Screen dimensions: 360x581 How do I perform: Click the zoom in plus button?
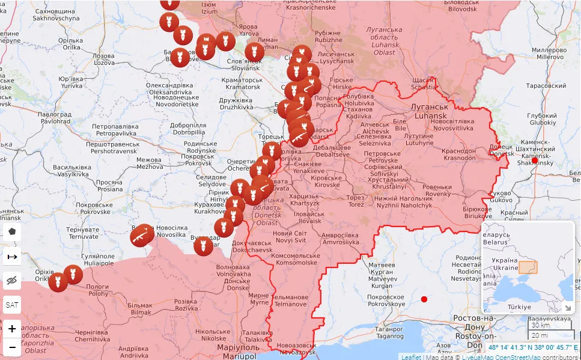click(11, 329)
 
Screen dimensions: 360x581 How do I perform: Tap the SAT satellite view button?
click(11, 305)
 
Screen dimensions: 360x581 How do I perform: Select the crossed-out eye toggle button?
click(11, 281)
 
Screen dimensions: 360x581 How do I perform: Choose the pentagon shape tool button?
click(11, 231)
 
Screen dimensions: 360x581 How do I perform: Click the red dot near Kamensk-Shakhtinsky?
click(535, 160)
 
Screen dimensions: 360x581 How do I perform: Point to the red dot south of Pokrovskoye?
click(424, 299)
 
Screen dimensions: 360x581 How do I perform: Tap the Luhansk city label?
click(425, 111)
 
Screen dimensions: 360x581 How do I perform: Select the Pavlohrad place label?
click(54, 117)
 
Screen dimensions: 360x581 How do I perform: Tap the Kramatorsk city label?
click(240, 84)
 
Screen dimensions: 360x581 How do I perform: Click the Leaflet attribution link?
click(411, 357)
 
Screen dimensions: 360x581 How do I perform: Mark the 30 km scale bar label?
click(541, 325)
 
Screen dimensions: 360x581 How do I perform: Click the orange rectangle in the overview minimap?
click(528, 267)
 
